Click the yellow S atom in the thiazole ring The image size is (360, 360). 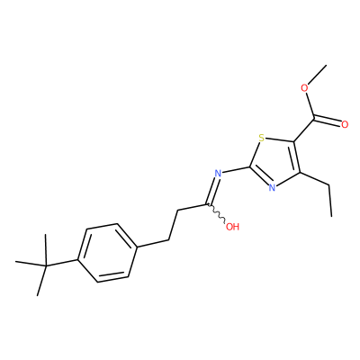262,139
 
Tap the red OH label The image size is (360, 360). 232,227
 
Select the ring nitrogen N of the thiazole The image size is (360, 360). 272,188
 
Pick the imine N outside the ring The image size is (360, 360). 218,173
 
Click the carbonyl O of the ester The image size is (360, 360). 345,124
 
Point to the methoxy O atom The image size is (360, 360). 305,88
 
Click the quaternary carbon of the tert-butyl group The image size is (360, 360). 46,265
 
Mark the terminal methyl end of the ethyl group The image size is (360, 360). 331,216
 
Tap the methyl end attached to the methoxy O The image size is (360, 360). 327,65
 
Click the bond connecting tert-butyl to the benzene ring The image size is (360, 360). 61,263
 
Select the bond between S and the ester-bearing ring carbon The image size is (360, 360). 280,140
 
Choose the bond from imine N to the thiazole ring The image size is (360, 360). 236,169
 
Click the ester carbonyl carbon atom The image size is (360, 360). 314,118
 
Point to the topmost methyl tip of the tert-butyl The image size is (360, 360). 45,235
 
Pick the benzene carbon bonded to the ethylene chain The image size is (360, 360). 138,247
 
